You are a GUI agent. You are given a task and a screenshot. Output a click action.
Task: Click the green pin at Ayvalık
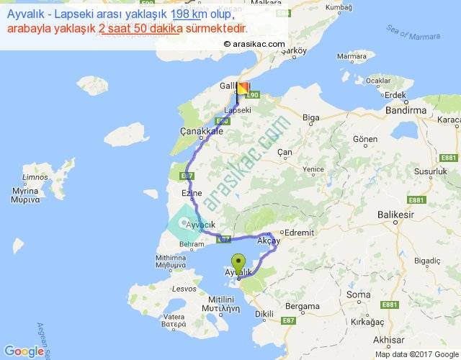pos(238,263)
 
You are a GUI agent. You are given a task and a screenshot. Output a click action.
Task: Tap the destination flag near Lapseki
pos(243,89)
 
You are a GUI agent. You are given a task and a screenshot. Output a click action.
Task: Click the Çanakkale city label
pos(200,132)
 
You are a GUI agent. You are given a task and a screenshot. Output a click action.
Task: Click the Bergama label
pos(303,306)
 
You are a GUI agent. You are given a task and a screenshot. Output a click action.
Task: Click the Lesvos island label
pos(184,289)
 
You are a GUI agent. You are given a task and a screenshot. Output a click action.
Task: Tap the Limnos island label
pos(35,177)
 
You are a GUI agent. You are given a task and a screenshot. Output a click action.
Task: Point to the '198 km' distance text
pos(189,14)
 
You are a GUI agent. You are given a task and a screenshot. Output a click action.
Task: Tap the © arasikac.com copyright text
pos(254,44)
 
